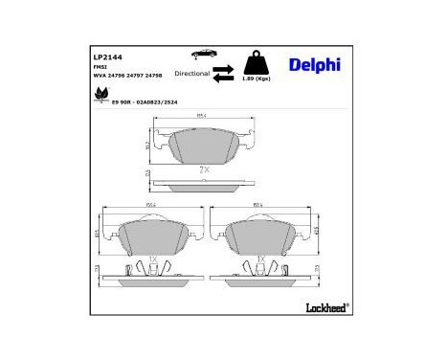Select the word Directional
[x=192, y=73]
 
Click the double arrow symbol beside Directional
[x=223, y=72]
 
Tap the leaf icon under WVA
[x=98, y=95]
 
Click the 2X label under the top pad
[x=203, y=169]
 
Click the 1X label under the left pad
[x=151, y=259]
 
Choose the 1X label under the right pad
[x=260, y=259]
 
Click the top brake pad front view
[x=203, y=146]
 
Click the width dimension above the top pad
[x=203, y=117]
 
